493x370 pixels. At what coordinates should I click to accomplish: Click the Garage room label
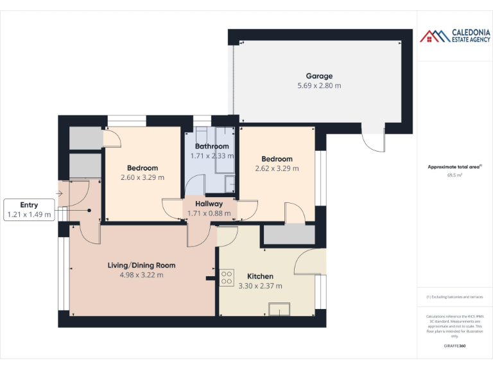coord(318,76)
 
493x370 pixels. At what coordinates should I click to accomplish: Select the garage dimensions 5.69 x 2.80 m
coord(318,85)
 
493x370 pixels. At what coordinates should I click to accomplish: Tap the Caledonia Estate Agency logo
coord(454,36)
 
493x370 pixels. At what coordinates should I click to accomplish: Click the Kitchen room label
coord(260,276)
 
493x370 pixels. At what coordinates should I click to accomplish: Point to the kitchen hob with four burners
coord(227,277)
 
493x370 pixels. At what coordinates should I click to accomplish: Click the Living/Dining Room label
coord(141,265)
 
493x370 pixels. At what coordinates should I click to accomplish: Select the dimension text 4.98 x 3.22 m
coord(141,275)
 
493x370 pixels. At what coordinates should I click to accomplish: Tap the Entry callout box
coord(29,210)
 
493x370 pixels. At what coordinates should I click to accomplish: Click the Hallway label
coord(209,204)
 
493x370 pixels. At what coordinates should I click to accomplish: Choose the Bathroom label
coord(211,146)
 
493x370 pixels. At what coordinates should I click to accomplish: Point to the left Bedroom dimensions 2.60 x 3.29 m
coord(143,178)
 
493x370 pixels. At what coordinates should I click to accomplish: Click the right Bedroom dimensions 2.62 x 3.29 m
coord(277,169)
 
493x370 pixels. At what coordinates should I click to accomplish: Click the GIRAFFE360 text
coord(454,346)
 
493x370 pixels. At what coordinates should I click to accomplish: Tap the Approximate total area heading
coord(454,167)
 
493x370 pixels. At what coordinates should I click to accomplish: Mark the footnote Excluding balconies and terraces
coord(454,297)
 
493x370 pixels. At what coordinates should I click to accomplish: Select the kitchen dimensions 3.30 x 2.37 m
coord(260,286)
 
